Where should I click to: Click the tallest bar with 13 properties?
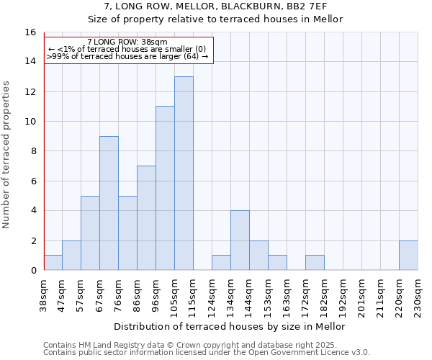tap(184, 174)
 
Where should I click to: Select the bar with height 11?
tap(165, 189)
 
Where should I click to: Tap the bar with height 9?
tap(109, 203)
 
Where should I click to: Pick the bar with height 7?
tap(146, 218)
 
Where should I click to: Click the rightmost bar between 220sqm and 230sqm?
tap(408, 256)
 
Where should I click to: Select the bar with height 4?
tap(240, 240)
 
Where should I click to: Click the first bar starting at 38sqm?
tap(53, 263)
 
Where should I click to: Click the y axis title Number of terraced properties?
tap(6, 154)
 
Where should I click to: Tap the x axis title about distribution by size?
tap(230, 326)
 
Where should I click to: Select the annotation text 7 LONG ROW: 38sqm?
tap(128, 42)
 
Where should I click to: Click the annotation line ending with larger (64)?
tap(128, 56)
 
